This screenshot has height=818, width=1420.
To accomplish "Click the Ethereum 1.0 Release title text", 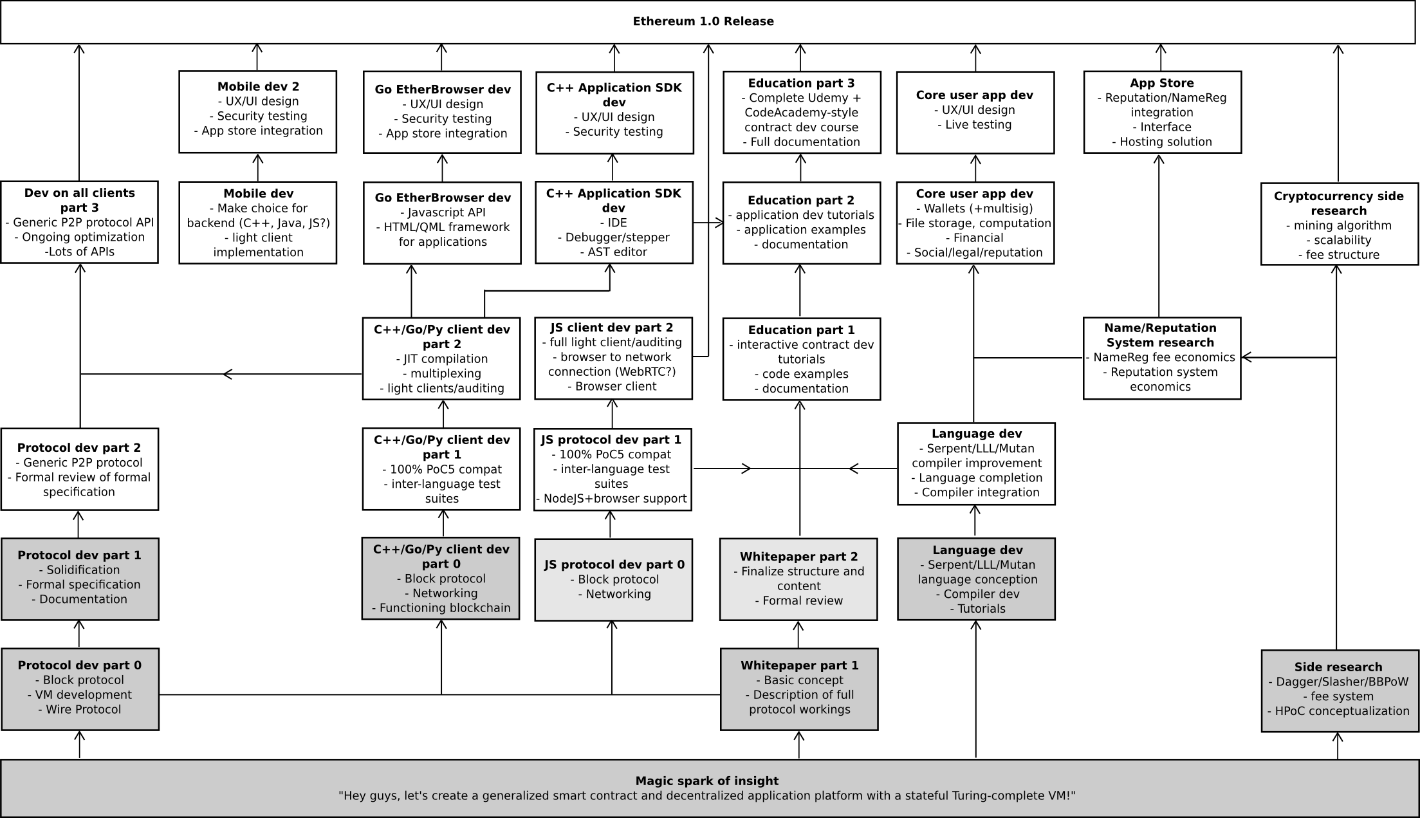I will [x=703, y=21].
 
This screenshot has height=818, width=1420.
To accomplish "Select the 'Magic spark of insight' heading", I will [x=706, y=781].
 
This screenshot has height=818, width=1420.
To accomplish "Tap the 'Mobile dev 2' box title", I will [x=258, y=86].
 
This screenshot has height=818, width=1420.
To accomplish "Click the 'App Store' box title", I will [x=1161, y=83].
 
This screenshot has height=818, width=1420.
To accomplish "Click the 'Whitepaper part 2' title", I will [x=798, y=556].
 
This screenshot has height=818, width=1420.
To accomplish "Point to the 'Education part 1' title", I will [x=801, y=330].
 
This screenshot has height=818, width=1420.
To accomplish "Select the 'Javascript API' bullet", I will [x=443, y=212].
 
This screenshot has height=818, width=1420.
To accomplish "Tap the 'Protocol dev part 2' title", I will [x=79, y=447].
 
